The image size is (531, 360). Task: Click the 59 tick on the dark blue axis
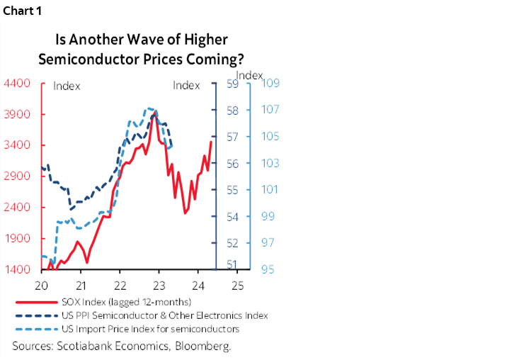click(x=232, y=84)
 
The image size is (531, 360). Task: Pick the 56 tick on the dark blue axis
click(x=232, y=164)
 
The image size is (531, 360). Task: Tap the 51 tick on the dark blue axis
click(x=232, y=265)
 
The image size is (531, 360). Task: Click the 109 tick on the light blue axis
click(x=272, y=84)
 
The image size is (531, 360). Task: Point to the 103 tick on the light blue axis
click(x=272, y=164)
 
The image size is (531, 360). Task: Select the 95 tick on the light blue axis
click(x=270, y=270)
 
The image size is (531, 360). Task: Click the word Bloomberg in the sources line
click(x=206, y=346)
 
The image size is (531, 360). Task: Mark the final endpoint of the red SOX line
click(x=211, y=142)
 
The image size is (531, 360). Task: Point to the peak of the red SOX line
click(x=155, y=113)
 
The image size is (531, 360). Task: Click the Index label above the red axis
click(x=67, y=86)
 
